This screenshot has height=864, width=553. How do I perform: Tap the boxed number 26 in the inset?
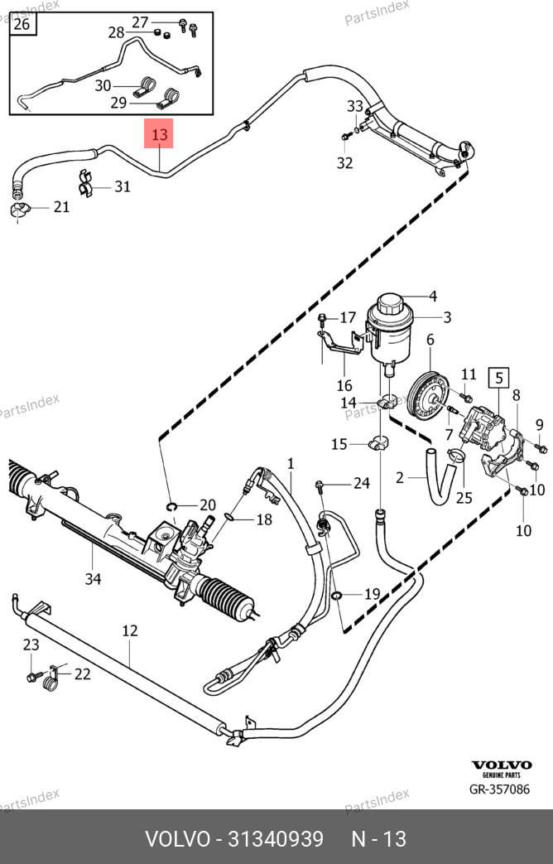coord(22,24)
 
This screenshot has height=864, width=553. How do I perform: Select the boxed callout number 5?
coord(499,379)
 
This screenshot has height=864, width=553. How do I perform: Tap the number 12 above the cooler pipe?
coord(130,631)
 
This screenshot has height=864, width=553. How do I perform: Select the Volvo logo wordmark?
coord(502,765)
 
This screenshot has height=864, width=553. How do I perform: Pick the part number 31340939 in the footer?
coord(270,839)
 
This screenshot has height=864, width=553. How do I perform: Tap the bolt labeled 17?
coord(323,319)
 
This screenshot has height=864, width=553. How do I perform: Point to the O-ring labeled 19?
coord(337,595)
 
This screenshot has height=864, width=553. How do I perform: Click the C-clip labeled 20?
coord(170,506)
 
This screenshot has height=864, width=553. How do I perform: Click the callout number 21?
coord(62,206)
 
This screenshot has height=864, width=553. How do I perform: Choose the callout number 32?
coord(344,163)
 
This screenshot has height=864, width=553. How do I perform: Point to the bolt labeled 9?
coord(540,448)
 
